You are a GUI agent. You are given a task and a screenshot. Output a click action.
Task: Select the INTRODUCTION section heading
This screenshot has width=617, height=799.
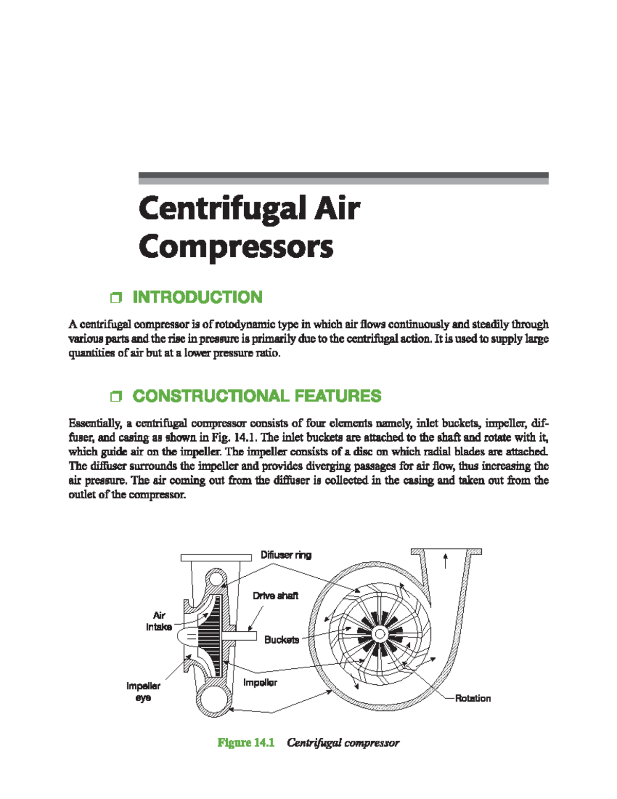[197, 297]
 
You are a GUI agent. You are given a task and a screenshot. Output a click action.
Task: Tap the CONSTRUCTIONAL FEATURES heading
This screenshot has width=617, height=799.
[257, 396]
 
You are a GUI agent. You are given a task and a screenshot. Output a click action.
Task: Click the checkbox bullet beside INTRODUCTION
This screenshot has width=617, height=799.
[116, 298]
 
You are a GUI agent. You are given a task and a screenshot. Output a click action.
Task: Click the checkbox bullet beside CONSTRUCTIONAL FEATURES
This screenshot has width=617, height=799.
[116, 397]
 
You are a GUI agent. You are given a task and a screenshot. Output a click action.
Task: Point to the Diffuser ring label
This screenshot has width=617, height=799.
[286, 555]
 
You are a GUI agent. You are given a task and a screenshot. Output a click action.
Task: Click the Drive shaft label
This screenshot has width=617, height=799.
[275, 596]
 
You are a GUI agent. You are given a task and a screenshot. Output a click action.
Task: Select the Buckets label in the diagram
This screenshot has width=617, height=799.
[281, 640]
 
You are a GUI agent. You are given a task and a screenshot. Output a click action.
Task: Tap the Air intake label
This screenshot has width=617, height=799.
[159, 621]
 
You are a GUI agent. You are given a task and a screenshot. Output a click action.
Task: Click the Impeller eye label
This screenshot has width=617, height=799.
[143, 692]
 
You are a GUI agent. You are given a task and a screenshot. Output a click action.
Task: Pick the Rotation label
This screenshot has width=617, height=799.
[473, 698]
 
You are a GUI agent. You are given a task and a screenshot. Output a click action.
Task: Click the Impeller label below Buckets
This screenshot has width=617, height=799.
[260, 683]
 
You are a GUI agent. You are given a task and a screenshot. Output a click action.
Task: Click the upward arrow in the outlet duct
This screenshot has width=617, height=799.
[445, 560]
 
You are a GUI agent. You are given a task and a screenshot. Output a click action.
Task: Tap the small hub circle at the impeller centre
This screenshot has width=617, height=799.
[379, 634]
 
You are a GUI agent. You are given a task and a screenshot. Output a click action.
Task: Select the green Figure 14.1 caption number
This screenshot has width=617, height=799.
[246, 743]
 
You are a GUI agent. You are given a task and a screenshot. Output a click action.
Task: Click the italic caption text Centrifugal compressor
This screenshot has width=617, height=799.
[343, 743]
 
